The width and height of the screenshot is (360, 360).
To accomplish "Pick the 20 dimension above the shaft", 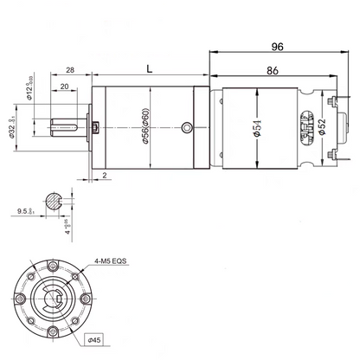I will (x=66, y=87).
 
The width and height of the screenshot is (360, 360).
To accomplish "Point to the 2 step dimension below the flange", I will (x=105, y=175).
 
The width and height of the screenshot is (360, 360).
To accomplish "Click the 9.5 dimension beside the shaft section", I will (x=24, y=209).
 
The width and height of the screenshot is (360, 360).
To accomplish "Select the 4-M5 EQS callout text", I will (x=112, y=257).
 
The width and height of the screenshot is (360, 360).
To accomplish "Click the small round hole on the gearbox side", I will (x=186, y=129).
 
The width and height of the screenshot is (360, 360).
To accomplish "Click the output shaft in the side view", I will (x=70, y=130).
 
